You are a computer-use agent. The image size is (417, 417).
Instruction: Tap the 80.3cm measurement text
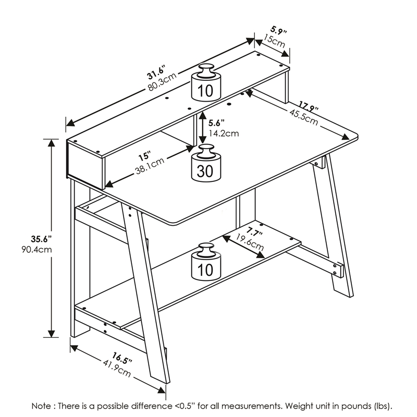click(162, 81)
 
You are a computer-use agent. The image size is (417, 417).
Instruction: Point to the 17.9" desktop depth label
click(309, 107)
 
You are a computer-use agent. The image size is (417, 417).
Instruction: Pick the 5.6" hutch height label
click(217, 123)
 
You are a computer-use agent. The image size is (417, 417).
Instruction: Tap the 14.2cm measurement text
click(224, 133)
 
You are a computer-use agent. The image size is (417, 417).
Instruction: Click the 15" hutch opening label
click(144, 156)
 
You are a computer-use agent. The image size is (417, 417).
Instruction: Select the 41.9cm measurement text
click(115, 368)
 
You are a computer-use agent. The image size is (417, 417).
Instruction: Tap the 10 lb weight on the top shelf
click(205, 83)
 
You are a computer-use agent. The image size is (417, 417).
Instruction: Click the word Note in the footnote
click(42, 406)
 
